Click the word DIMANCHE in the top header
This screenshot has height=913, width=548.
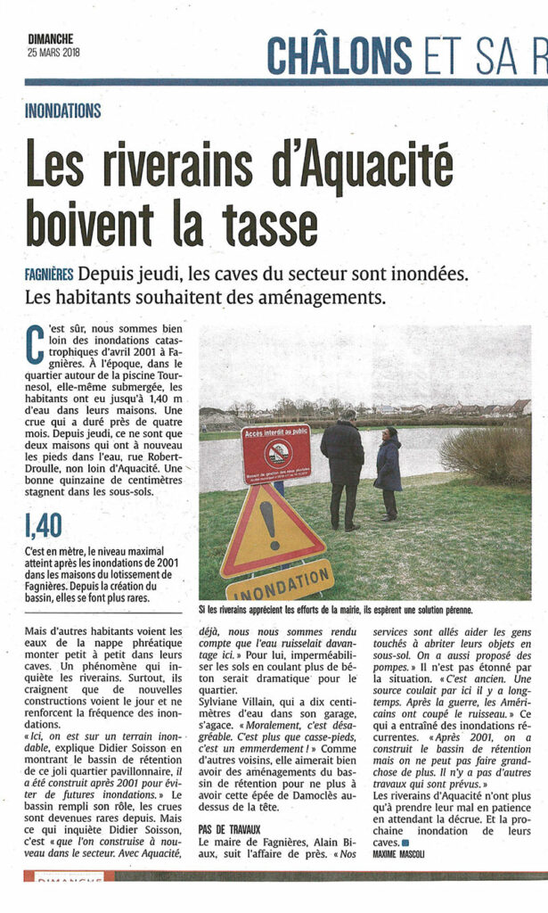(50, 38)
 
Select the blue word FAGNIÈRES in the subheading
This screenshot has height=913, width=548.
(49, 274)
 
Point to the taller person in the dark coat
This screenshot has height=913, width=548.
(342, 465)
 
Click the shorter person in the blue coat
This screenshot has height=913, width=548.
(388, 473)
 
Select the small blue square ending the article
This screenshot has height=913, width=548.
(405, 843)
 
